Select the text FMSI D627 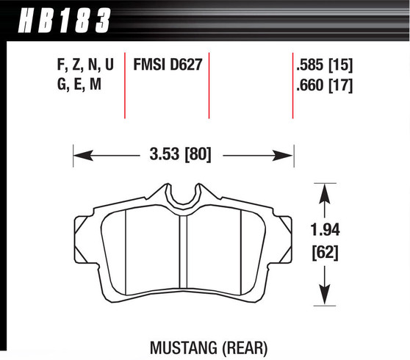pos(167,65)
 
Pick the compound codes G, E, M pos(73,86)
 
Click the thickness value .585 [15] pos(324,65)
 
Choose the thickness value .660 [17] pos(324,86)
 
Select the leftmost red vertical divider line pos(125,84)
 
